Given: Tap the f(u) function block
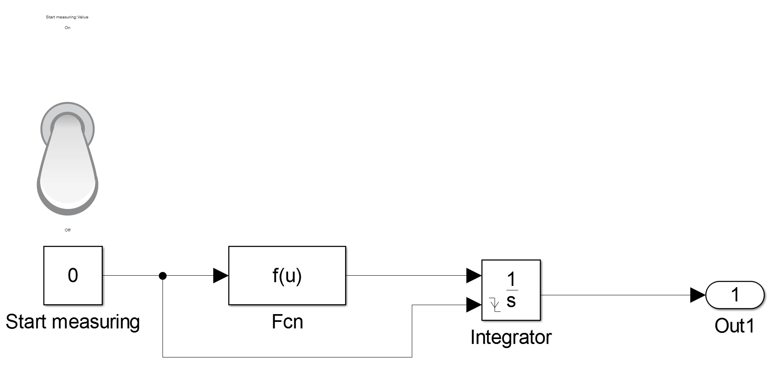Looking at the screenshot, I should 287,276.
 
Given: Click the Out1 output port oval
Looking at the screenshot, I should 735,295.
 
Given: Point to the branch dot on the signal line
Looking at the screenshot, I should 163,276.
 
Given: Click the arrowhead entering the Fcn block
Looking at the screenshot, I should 221,276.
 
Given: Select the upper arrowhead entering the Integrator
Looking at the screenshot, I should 474,276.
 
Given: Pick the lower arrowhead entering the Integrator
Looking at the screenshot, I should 474,305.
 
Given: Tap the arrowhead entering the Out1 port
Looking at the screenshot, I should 698,295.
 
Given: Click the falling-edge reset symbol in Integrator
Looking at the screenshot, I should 495,305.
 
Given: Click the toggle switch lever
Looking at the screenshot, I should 68,160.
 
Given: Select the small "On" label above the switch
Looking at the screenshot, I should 68,28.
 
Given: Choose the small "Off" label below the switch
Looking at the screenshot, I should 68,230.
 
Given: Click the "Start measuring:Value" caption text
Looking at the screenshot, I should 67,17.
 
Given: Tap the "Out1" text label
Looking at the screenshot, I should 734,326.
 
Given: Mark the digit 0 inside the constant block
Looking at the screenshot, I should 73,275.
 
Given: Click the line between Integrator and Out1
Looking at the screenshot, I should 614,295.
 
